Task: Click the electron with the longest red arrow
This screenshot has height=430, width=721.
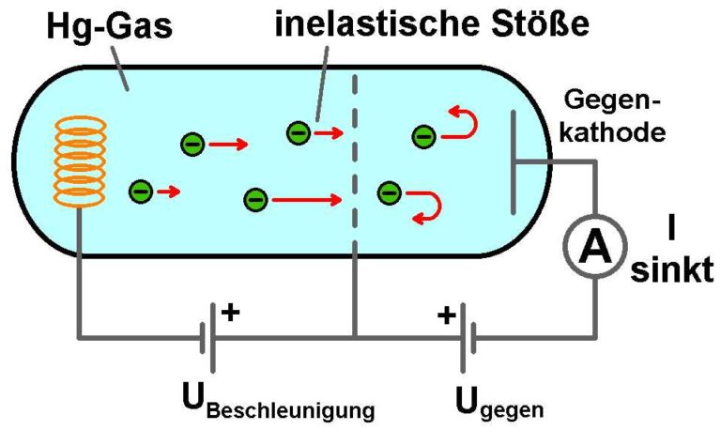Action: [x=254, y=199]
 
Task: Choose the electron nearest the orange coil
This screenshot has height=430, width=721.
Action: [x=141, y=192]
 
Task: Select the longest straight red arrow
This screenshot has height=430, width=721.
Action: [x=306, y=199]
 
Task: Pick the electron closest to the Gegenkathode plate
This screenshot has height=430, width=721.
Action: [x=422, y=138]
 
